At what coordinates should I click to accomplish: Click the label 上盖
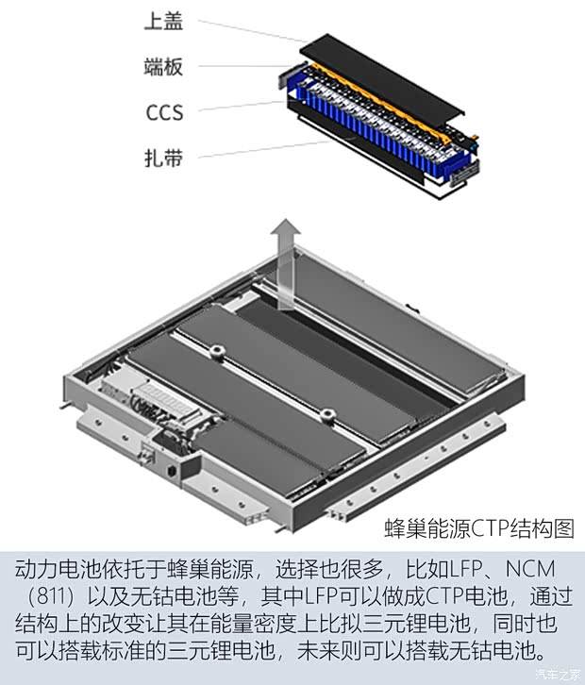click(163, 22)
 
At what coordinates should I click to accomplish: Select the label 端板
click(163, 67)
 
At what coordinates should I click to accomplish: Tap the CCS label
click(163, 112)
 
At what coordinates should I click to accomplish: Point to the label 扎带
click(163, 157)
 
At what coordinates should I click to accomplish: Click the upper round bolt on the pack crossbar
click(216, 352)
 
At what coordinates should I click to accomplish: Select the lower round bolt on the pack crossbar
click(326, 413)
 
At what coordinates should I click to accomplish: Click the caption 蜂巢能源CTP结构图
click(479, 527)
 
